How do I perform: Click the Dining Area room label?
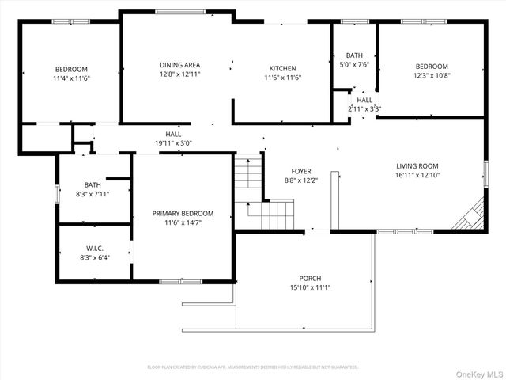[x=180, y=65]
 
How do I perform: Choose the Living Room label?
[x=417, y=166]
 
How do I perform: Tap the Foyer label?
[x=301, y=171]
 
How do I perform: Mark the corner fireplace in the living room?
[x=472, y=215]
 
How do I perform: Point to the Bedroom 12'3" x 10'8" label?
[x=432, y=66]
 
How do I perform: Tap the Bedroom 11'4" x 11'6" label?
[x=71, y=69]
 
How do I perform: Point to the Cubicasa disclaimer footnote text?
[x=253, y=367]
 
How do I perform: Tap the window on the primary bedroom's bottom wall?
[x=183, y=281]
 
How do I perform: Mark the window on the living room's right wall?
[x=485, y=173]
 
